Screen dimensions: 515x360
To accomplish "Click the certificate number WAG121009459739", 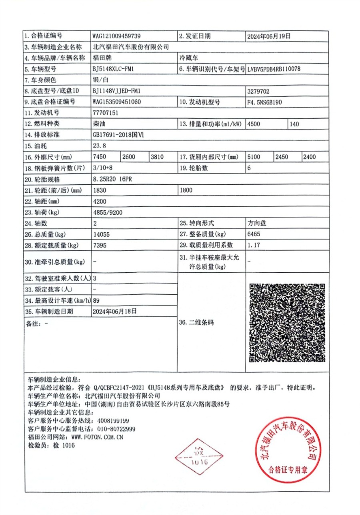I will click(116, 36).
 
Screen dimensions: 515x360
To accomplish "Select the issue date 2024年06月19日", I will click(269, 36).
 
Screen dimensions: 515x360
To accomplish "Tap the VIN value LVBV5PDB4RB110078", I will click(274, 69).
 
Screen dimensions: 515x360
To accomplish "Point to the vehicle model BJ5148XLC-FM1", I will click(113, 69).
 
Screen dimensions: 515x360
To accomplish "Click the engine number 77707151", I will click(105, 113).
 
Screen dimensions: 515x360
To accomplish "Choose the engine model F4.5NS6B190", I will click(265, 102).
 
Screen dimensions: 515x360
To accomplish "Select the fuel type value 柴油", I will click(98, 124).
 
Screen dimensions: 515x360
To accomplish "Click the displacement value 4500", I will click(254, 124).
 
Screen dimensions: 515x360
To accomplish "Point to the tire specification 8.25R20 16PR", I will click(112, 179).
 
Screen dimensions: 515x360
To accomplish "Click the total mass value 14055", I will click(100, 234).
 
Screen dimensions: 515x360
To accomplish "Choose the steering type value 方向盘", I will click(257, 223).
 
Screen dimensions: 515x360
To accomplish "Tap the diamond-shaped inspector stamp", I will click(199, 457).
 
